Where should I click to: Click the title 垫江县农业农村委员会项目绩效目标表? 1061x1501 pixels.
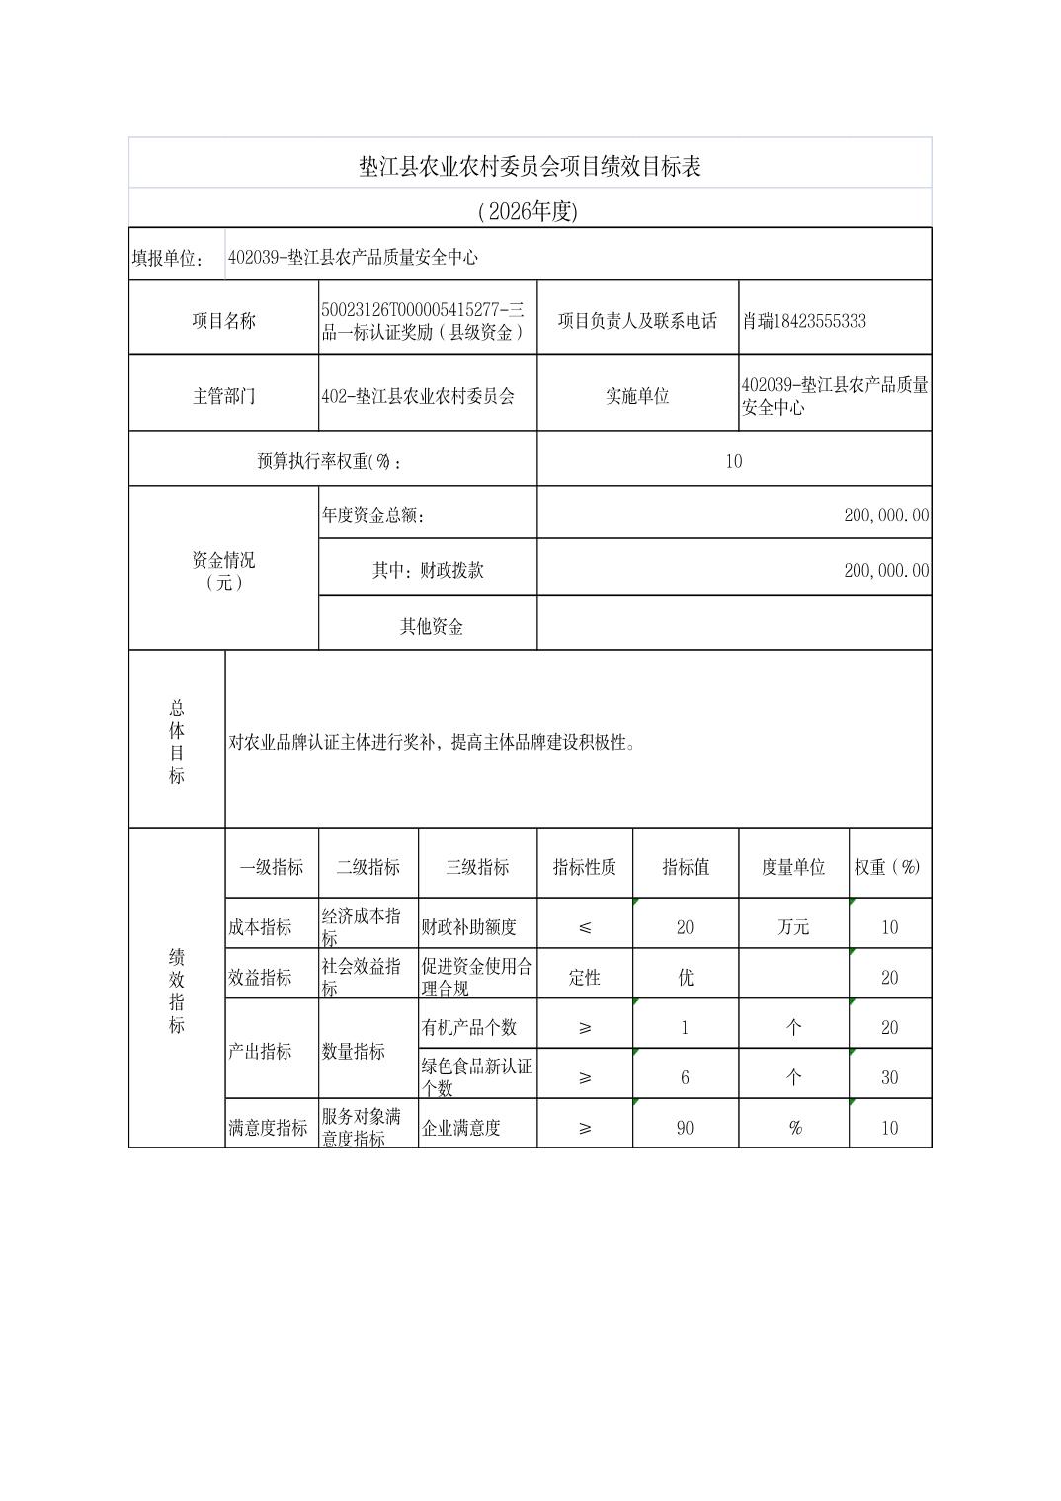tap(530, 166)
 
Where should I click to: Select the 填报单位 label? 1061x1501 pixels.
tap(167, 258)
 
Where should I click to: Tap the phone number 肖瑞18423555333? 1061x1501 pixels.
tap(804, 321)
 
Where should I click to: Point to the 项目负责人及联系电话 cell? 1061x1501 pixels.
tap(637, 321)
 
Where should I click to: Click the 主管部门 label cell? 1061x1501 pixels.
tap(223, 396)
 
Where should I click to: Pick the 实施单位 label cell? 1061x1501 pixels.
tap(637, 396)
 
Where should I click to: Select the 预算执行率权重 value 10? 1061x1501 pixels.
tap(733, 461)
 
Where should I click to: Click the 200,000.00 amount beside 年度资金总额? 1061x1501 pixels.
tap(886, 514)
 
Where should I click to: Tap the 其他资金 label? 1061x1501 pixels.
tap(431, 626)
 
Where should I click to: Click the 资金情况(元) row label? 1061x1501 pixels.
tap(223, 571)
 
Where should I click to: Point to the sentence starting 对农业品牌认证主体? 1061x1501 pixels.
tap(432, 742)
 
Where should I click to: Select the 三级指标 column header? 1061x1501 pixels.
tap(477, 867)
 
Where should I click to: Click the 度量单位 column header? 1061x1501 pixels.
tap(792, 867)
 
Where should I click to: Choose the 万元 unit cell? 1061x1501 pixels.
tap(793, 927)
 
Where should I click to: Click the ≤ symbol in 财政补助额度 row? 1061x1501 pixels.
tap(585, 927)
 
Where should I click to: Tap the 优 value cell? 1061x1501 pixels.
tap(685, 978)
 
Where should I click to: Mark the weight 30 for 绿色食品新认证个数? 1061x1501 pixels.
tap(889, 1077)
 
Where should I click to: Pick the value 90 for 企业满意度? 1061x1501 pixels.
tap(685, 1128)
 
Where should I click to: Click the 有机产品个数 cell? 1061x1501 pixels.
tap(469, 1027)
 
